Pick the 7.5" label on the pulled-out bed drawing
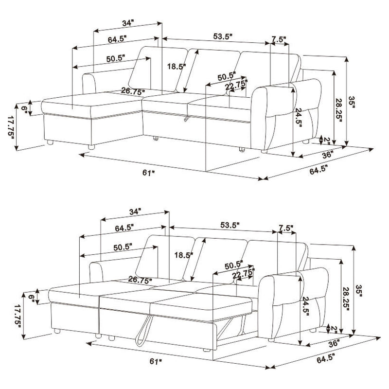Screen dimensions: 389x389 tap(286, 227)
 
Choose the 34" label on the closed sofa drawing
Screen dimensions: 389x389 tap(128, 23)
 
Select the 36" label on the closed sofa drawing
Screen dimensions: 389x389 tap(327, 155)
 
